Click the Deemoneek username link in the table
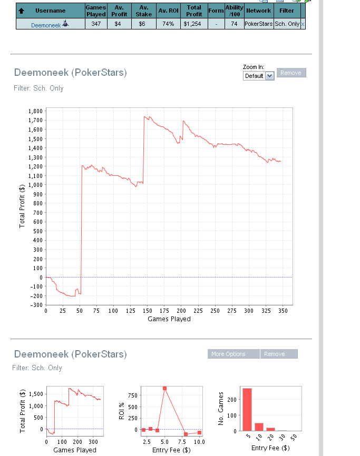pos(46,25)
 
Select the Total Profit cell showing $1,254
pos(193,24)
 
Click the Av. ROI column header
pos(169,11)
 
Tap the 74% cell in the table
pos(169,24)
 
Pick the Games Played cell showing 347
pos(96,24)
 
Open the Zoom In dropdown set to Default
pos(259,76)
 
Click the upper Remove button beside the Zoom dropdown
pos(291,73)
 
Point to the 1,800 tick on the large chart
pos(35,112)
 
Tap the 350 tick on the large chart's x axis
pos(283,311)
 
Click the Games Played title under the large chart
pos(169,319)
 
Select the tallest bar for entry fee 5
pos(247,410)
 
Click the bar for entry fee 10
pos(259,427)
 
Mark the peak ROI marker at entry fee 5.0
pos(165,388)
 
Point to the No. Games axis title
pos(222,409)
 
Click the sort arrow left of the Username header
pos(22,11)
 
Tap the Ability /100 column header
pos(234,11)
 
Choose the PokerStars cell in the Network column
pos(258,24)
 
